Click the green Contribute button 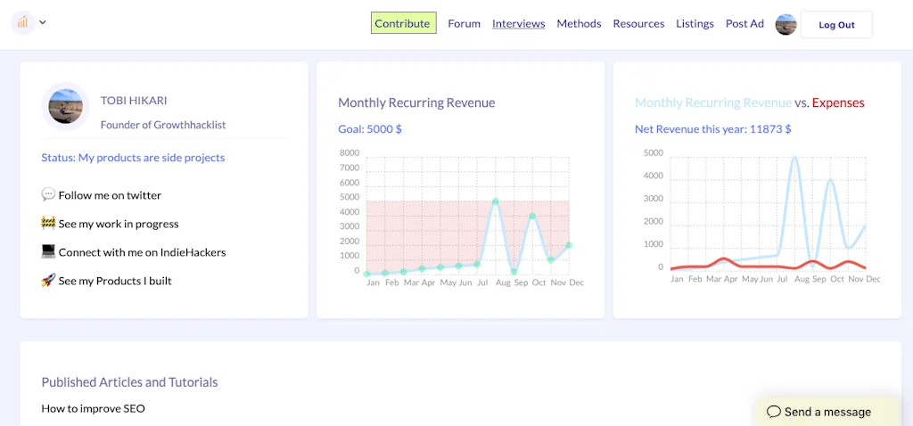click(x=403, y=23)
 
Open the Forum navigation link click(x=464, y=24)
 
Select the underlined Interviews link click(x=518, y=24)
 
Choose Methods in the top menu click(x=579, y=24)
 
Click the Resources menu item click(x=638, y=24)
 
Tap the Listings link click(x=695, y=24)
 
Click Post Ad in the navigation click(x=744, y=24)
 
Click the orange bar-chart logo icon click(x=22, y=22)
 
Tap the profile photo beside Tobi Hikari click(x=65, y=106)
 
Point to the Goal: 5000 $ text click(x=370, y=129)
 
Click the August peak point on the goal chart click(x=496, y=201)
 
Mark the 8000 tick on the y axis click(x=350, y=153)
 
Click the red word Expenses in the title click(x=838, y=102)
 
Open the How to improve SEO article click(x=93, y=409)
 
